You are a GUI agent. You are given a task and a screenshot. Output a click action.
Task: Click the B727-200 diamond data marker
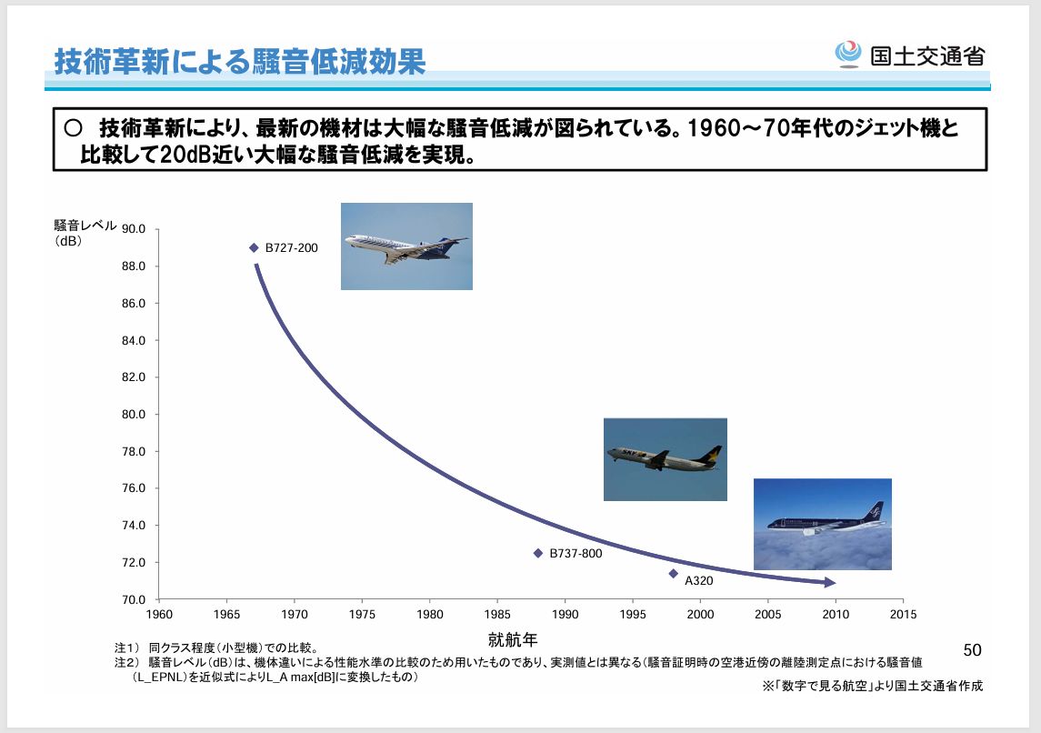254,247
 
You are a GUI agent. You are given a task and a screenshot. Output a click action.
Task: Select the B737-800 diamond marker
537,553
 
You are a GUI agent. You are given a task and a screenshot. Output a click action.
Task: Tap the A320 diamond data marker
673,573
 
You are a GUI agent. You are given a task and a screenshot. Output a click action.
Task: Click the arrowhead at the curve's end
828,582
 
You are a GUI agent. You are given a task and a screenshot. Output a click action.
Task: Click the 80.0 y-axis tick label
135,415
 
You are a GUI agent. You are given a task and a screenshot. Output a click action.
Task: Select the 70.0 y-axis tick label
135,600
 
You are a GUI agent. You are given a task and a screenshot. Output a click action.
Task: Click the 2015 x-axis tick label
902,615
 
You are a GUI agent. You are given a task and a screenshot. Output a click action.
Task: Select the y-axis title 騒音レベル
85,226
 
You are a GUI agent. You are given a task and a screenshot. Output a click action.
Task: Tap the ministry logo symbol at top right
848,55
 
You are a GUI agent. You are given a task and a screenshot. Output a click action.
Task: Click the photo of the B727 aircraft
406,246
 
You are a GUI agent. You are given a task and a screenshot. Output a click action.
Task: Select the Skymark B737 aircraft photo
665,459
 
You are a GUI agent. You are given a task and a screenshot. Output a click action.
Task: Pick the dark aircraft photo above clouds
822,524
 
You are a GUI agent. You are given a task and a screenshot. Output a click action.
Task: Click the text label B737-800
576,553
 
